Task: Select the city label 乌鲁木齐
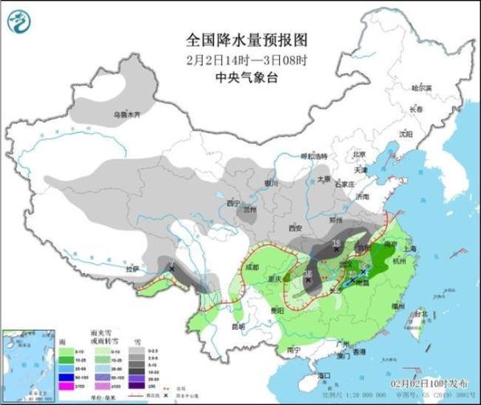tap(125, 115)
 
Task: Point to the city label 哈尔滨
tap(421, 87)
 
